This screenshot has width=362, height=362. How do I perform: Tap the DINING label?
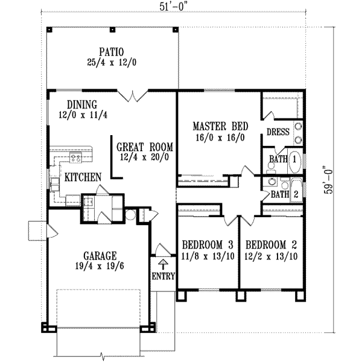pyautogui.click(x=82, y=104)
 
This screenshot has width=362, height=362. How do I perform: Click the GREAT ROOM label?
pyautogui.click(x=145, y=146)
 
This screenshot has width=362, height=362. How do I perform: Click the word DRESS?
pyautogui.click(x=278, y=132)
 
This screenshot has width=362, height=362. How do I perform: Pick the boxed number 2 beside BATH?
pyautogui.click(x=296, y=194)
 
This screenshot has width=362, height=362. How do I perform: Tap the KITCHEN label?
pyautogui.click(x=83, y=177)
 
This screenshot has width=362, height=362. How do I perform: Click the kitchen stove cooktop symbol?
pyautogui.click(x=76, y=159)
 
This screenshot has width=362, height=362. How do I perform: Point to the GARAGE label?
pyautogui.click(x=92, y=255)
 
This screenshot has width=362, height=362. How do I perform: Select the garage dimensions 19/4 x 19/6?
pyautogui.click(x=92, y=265)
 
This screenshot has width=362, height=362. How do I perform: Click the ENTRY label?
pyautogui.click(x=163, y=277)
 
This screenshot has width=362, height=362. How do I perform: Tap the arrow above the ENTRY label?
pyautogui.click(x=163, y=264)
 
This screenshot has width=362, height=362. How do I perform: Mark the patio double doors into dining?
pyautogui.click(x=132, y=94)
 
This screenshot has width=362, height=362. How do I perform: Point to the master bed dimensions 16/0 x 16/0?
pyautogui.click(x=218, y=137)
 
